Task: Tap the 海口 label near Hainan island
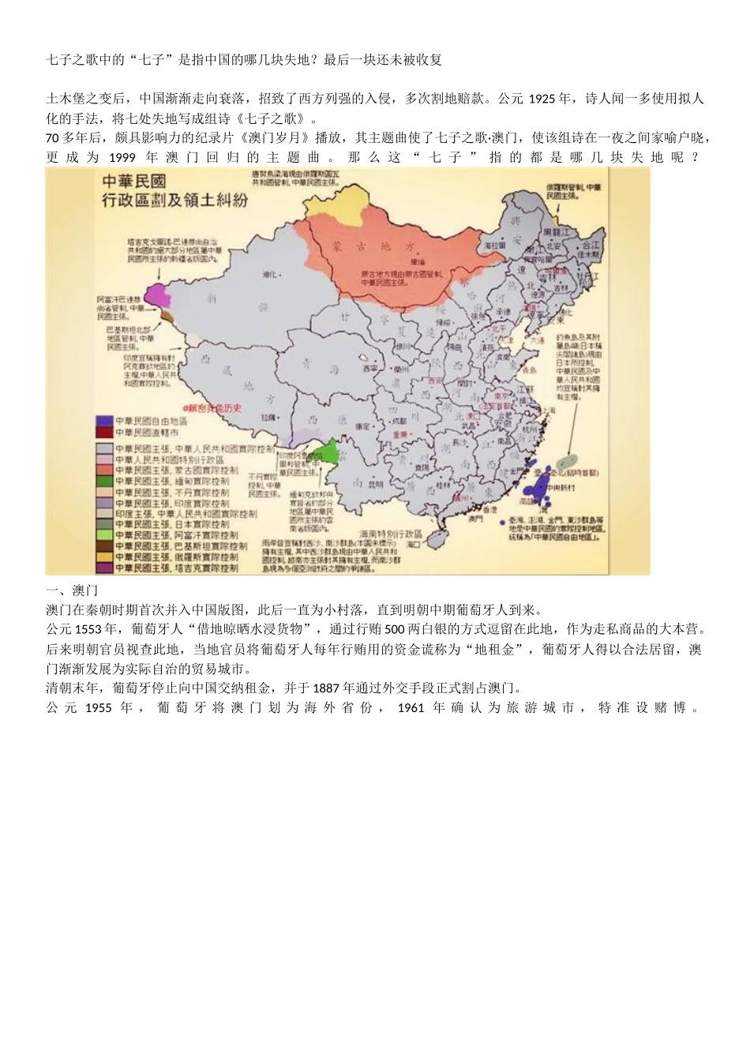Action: (411, 545)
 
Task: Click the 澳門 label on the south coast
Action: (474, 519)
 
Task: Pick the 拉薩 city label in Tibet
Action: (270, 416)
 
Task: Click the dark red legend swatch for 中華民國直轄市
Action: (103, 433)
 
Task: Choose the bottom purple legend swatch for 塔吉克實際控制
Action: (103, 568)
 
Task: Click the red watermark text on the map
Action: (212, 407)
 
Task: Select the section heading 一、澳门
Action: (72, 590)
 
